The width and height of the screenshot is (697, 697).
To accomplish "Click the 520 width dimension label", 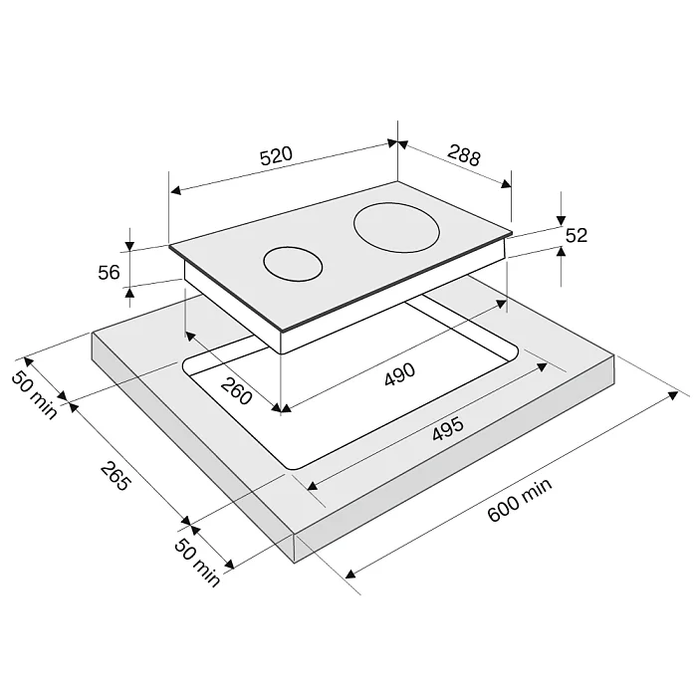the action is [x=276, y=155].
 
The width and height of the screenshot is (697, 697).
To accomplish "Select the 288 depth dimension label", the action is [x=464, y=154].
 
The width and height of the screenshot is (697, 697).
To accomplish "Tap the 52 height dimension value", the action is [x=577, y=235].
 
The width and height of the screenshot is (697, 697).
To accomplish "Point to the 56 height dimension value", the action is [x=109, y=272].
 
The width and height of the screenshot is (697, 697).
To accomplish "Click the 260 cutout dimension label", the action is [x=236, y=390].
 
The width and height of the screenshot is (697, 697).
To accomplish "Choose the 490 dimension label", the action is [x=400, y=374].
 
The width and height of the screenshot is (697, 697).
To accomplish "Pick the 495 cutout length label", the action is [x=448, y=429].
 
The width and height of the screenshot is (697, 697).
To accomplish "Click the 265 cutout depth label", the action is [x=116, y=476].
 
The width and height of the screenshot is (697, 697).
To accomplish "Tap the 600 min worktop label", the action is [x=520, y=500].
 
